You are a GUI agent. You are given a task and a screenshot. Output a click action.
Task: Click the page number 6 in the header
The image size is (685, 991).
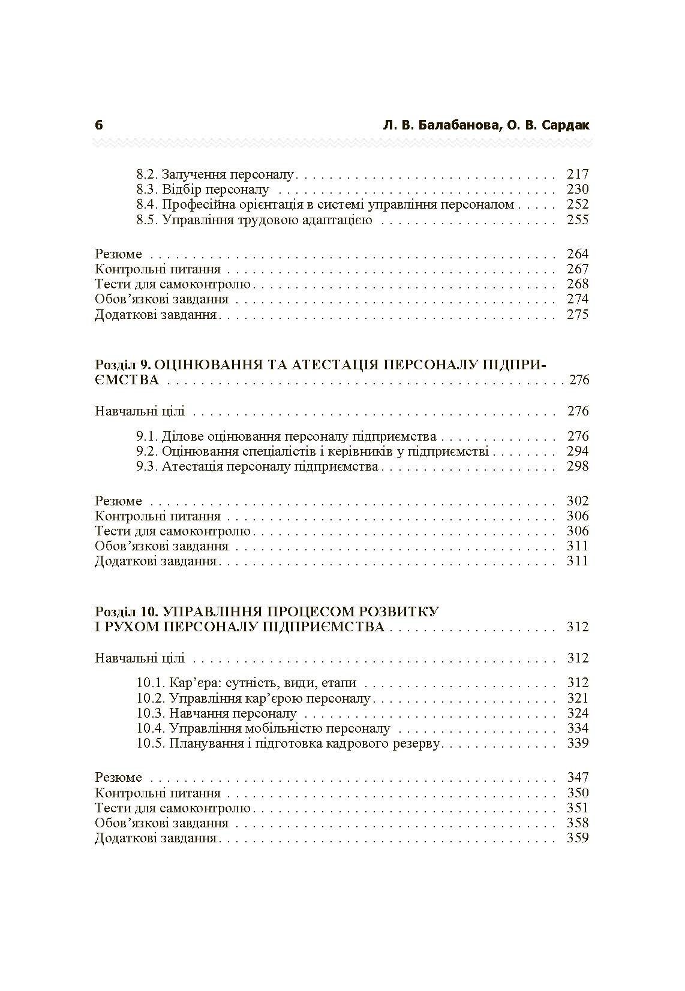(x=99, y=125)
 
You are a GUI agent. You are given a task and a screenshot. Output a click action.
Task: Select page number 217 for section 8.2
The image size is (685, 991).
(x=578, y=174)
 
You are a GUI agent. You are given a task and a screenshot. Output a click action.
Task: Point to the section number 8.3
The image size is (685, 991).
(x=147, y=189)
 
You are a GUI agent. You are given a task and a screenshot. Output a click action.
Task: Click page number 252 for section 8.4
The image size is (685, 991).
(x=578, y=204)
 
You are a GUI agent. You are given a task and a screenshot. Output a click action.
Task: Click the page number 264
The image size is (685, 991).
(x=578, y=254)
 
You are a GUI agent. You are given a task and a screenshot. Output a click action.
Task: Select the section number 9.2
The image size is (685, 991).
(x=147, y=451)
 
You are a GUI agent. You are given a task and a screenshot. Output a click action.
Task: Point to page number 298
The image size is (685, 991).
(x=578, y=466)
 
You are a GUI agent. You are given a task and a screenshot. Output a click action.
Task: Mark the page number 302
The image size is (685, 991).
(x=578, y=501)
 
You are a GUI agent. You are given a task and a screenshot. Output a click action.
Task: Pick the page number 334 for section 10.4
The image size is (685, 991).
(x=578, y=728)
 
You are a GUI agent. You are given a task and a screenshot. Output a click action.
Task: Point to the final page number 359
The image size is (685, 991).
(x=578, y=838)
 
